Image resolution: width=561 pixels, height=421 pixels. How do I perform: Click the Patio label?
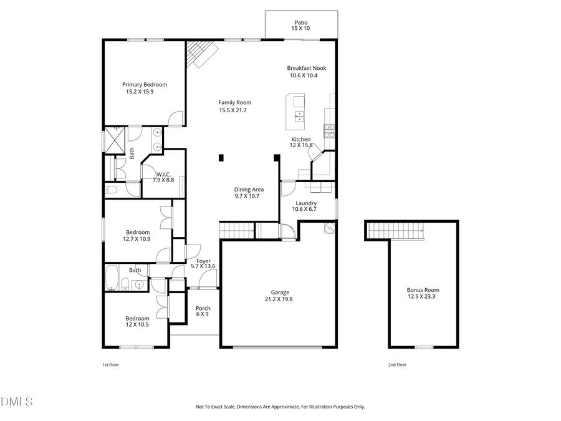click(301, 22)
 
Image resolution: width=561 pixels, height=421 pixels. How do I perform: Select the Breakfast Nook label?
click(306, 68)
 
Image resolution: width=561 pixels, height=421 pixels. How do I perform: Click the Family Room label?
click(234, 103)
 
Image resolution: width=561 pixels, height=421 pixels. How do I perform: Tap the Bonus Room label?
click(423, 289)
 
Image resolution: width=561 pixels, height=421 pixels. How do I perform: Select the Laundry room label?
click(305, 203)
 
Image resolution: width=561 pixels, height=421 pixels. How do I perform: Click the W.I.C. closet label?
click(163, 174)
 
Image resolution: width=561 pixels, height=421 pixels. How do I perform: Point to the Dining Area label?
click(249, 189)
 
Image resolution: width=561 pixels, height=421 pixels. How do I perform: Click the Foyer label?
click(203, 261)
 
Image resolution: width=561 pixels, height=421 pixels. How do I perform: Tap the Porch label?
click(203, 308)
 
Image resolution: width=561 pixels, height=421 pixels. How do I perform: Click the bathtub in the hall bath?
click(113, 278)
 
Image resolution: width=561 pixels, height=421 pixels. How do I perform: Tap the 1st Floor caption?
click(110, 365)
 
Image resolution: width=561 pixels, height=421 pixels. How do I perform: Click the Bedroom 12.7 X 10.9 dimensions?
click(136, 238)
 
